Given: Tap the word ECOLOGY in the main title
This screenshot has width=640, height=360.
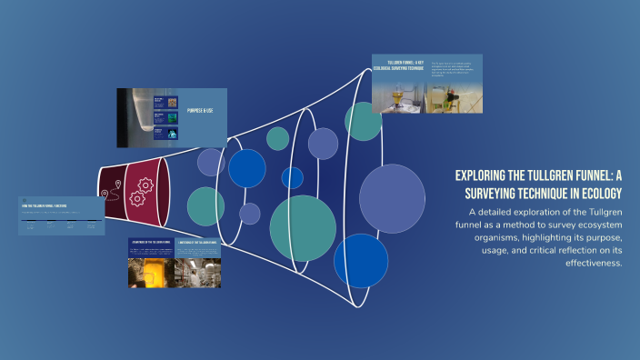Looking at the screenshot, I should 597,193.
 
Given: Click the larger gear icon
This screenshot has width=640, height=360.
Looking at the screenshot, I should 142,185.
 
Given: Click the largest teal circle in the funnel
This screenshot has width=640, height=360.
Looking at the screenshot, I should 303,228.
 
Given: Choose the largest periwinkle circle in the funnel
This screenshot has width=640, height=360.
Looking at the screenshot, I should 392,198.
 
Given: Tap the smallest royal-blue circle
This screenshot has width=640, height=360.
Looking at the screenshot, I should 292,177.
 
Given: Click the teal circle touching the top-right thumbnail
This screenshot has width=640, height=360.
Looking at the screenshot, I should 363,122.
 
